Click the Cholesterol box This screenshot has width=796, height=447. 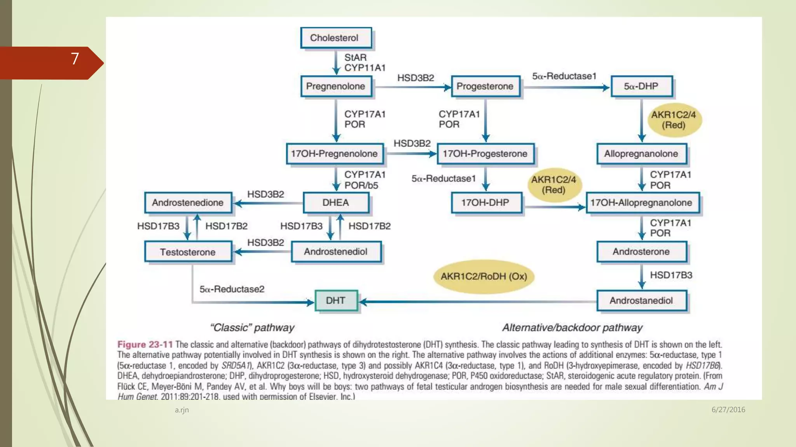tap(336, 38)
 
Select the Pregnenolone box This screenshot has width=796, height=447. tap(336, 86)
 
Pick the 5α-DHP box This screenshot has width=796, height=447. tap(642, 86)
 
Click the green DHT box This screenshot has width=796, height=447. tap(336, 301)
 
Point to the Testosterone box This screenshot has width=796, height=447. tap(189, 252)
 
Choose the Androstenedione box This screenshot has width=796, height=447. tap(189, 203)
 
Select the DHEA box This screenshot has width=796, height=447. tap(336, 203)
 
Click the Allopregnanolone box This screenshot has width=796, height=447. tap(642, 154)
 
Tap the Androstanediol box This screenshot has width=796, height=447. tap(642, 301)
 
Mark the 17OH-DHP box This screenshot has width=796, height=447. tap(487, 203)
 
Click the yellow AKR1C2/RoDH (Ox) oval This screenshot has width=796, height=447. tap(484, 276)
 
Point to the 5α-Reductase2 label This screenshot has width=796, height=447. tap(232, 289)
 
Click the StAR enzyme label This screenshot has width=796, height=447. tap(355, 57)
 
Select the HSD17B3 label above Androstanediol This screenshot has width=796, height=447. tap(671, 275)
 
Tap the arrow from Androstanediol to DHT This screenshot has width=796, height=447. tap(478, 301)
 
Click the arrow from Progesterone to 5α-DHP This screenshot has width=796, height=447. tap(566, 88)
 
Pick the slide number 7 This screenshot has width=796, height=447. tap(75, 59)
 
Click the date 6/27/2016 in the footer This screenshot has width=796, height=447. tap(728, 409)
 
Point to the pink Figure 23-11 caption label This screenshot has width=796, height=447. tap(145, 345)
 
